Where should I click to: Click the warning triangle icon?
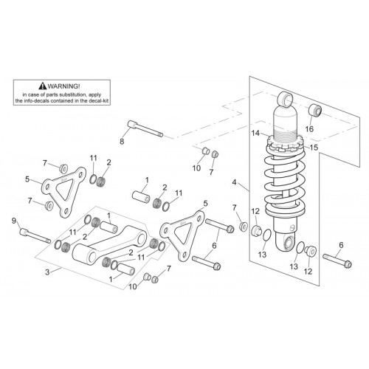click(43, 86)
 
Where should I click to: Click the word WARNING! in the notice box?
click(63, 86)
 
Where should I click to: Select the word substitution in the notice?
click(75, 94)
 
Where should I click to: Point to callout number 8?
click(122, 142)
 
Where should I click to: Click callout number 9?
click(14, 221)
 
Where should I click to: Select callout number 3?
click(47, 272)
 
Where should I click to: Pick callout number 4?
click(234, 182)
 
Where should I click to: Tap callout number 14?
click(255, 133)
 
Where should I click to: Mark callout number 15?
click(314, 148)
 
